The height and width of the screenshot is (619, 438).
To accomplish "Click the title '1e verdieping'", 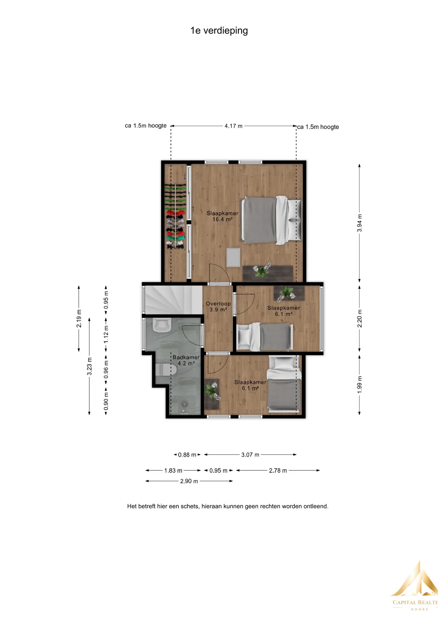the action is tap(219, 31).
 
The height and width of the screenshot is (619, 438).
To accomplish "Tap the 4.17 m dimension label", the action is tap(234, 126).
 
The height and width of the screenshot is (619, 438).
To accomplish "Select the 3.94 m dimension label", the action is tap(360, 223).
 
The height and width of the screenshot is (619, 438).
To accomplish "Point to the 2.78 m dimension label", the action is tap(278, 471).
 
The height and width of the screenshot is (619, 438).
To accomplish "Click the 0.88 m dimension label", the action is tap(187, 455).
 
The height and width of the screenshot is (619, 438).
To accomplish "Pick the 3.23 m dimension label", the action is tap(89, 366).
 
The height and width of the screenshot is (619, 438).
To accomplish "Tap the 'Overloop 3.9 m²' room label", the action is tap(218, 307).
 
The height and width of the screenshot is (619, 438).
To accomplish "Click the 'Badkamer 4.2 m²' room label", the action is tap(186, 360).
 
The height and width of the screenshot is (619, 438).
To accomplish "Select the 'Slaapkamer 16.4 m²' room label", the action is tap(223, 216).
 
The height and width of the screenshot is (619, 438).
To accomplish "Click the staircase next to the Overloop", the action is tap(173, 300).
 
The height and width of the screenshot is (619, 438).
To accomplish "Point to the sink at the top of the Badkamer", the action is tap(162, 325).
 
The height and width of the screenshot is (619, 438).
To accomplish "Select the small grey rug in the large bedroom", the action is tap(233, 257).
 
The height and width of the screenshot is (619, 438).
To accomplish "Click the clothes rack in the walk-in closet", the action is tap(175, 216).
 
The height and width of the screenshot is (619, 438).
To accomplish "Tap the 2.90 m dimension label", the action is tap(189, 481).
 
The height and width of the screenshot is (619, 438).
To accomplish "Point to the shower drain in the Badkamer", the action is tap(184, 403).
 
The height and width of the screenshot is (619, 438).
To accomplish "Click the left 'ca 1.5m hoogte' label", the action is tap(146, 126).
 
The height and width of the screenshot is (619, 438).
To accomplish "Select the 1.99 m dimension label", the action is tap(360, 384).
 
